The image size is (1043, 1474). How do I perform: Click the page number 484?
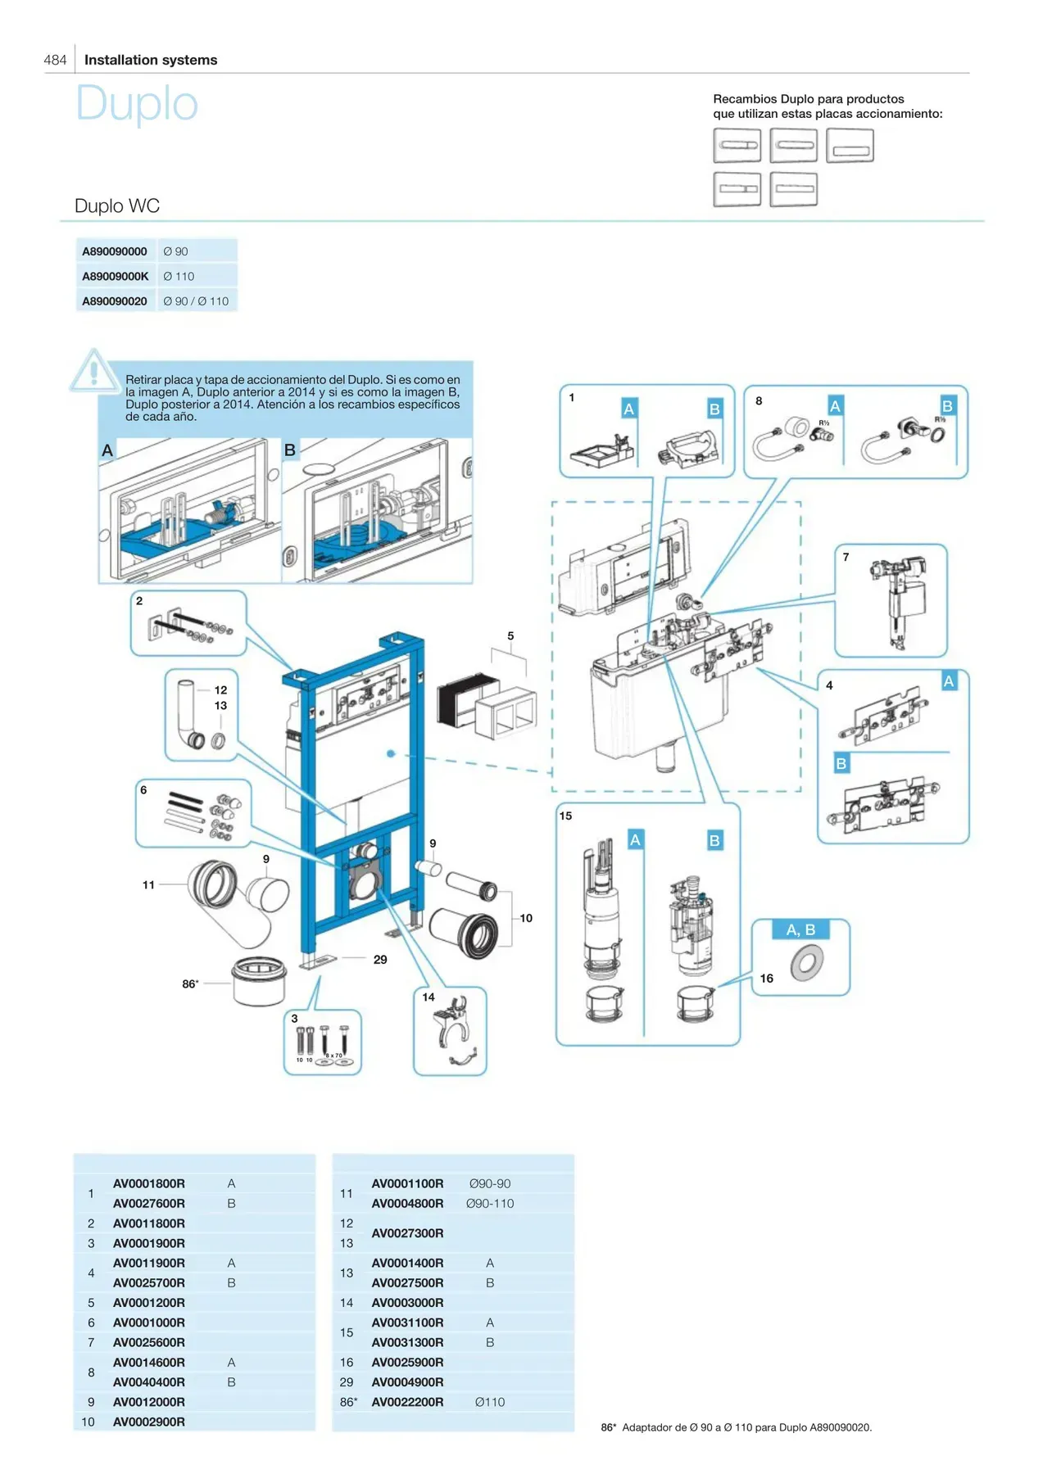point(55,60)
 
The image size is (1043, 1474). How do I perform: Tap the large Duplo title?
point(137,104)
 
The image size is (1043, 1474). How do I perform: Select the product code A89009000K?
point(115,276)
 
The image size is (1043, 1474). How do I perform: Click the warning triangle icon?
point(93,371)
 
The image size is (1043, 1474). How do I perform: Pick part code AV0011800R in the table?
point(148,1223)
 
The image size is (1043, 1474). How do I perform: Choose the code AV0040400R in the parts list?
point(148,1382)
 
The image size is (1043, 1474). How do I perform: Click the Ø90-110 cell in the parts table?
point(490,1204)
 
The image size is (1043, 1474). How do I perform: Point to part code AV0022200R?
point(407,1402)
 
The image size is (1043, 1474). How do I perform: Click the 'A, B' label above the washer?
point(800,929)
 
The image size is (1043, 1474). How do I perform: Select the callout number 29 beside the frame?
point(380,960)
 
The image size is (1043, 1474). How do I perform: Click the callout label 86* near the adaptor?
point(190,983)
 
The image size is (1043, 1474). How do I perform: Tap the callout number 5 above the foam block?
point(510,635)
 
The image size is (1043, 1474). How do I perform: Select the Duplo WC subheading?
point(117,206)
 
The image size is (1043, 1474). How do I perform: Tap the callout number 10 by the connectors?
point(526,918)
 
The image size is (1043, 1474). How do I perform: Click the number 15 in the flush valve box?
point(565,816)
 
